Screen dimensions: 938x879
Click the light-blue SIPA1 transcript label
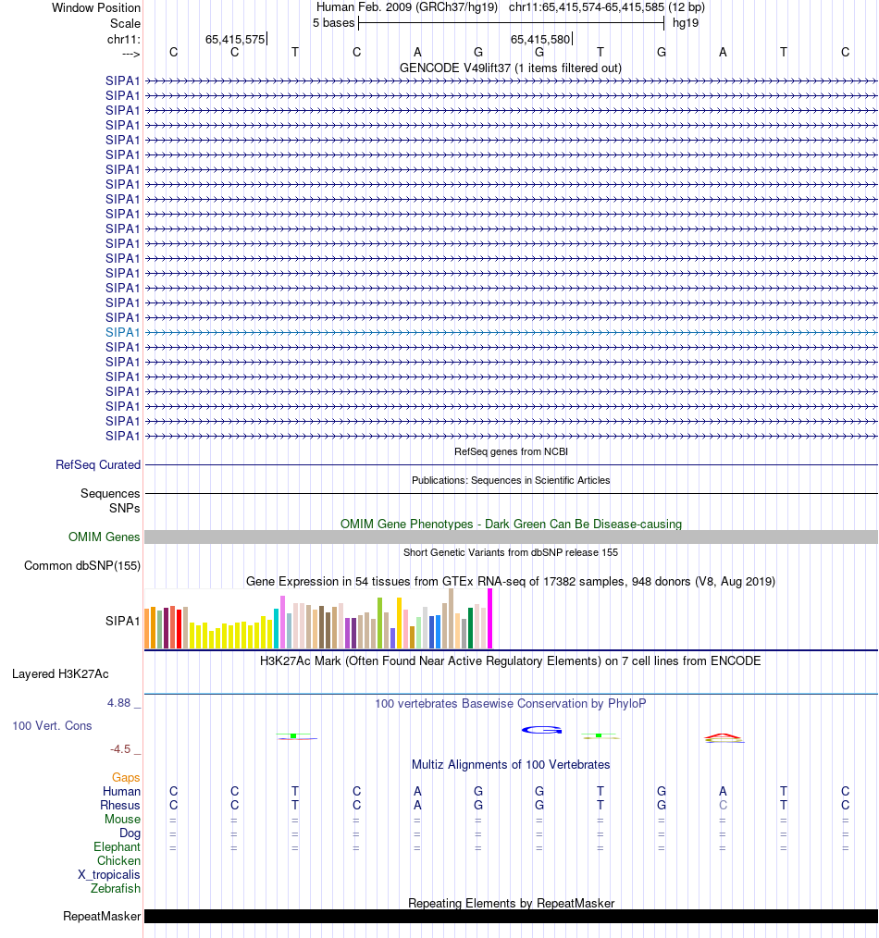[x=123, y=332]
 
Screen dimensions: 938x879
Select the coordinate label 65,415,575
[x=235, y=39]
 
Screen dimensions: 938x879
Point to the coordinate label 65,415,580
[x=540, y=39]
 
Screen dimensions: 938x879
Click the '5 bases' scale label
[x=333, y=22]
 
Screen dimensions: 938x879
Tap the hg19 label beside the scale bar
[x=686, y=22]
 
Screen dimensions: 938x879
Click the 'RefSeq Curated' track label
[x=98, y=465]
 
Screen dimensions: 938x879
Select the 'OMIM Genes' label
[x=105, y=537]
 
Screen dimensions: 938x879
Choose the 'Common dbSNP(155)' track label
[x=82, y=566]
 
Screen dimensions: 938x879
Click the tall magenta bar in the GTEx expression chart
[x=489, y=619]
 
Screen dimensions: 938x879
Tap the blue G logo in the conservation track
[x=541, y=730]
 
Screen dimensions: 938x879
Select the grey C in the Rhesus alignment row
[x=723, y=805]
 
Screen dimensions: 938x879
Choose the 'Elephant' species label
[x=117, y=846]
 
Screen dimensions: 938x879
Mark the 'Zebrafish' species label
[x=116, y=888]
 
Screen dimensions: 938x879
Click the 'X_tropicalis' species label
[x=109, y=874]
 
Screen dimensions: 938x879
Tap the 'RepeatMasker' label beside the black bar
[x=102, y=917]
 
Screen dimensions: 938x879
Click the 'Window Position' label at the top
[x=96, y=7]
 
